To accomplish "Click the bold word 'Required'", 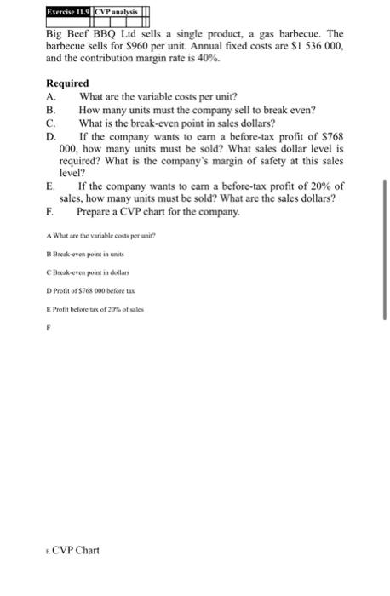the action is pyautogui.click(x=67, y=84).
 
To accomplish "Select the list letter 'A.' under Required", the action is pyautogui.click(x=50, y=97).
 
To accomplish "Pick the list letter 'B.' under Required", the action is pyautogui.click(x=50, y=110).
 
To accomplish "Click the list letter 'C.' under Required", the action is pyautogui.click(x=50, y=122).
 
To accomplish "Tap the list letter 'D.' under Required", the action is pyautogui.click(x=50, y=135).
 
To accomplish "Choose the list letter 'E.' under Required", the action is pyautogui.click(x=50, y=185).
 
